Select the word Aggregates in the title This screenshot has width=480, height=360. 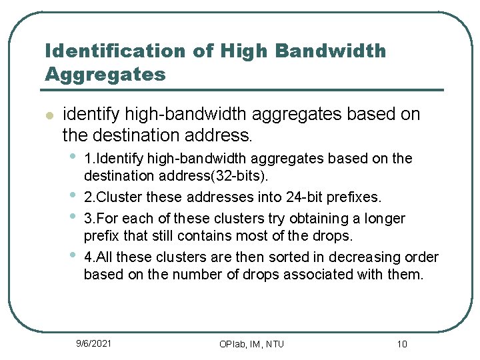click(105, 74)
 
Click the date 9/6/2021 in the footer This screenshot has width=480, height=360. click(93, 343)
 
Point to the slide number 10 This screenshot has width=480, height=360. click(401, 344)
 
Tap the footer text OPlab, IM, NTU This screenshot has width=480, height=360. click(251, 344)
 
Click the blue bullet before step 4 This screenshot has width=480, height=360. click(71, 255)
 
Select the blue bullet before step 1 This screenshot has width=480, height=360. click(71, 157)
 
